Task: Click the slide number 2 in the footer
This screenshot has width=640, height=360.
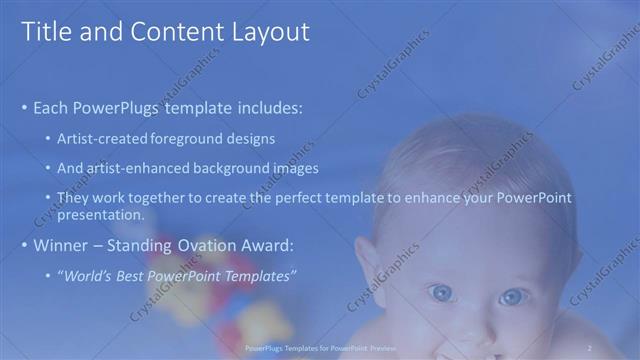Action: [x=590, y=347]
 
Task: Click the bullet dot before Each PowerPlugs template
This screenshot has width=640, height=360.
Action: [x=24, y=107]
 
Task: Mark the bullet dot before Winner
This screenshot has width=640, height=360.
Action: [x=24, y=245]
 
